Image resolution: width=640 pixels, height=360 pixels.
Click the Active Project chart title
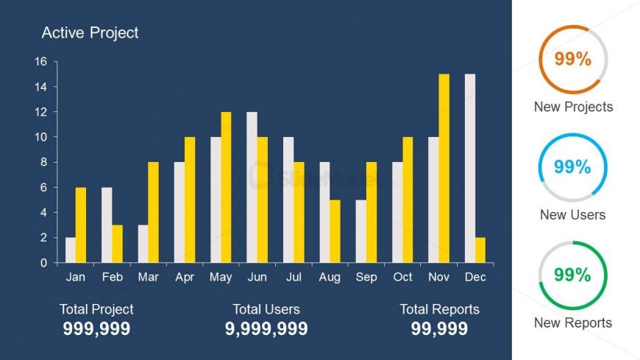coord(90,32)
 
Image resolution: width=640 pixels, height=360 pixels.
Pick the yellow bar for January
coord(81,225)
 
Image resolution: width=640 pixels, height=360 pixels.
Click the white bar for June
coord(252,187)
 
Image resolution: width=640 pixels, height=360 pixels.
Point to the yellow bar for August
coord(335,231)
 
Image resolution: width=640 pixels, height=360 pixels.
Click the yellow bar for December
coord(480,250)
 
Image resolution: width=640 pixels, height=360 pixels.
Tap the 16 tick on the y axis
coord(40,62)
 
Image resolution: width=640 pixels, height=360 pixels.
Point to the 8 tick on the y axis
coord(43,162)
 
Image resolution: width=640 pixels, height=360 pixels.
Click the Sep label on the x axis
coord(366,278)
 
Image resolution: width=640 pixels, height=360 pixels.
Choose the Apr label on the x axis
coord(184,278)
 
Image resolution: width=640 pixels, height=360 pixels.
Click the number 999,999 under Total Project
coord(96,328)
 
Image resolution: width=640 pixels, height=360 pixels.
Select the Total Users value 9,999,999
coord(266,328)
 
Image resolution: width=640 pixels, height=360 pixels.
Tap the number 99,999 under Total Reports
coord(439,328)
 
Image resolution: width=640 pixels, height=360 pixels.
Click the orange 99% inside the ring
coord(573,60)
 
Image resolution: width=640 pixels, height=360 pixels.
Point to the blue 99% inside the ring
coord(573,167)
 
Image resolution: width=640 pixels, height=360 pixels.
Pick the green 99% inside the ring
coord(573,275)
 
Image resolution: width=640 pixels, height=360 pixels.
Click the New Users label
coord(573,215)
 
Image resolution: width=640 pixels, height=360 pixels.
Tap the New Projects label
coord(573,107)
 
